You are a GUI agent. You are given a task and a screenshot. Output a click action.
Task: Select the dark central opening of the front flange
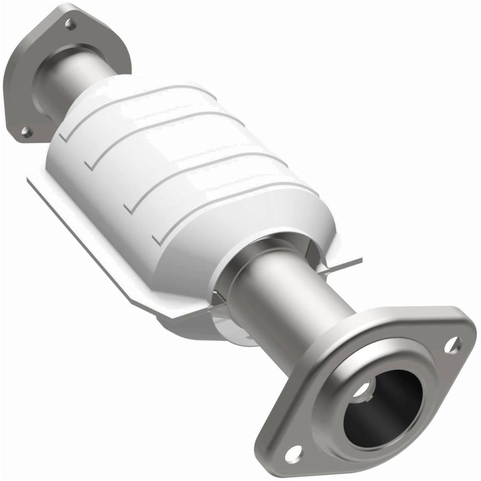385,409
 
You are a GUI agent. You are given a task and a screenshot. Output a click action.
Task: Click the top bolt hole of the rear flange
70,24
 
